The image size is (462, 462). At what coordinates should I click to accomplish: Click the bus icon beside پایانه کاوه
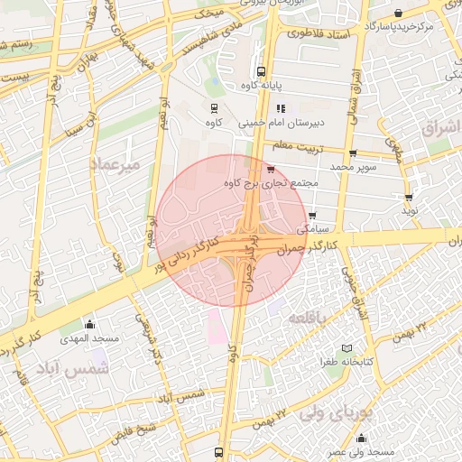261,71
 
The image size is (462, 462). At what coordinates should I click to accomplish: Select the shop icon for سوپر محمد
352,153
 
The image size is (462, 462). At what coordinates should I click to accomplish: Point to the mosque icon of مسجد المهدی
88,324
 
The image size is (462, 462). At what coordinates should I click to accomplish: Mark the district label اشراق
439,129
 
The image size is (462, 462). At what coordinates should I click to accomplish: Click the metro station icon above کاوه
213,107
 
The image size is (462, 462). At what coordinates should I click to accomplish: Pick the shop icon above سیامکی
312,216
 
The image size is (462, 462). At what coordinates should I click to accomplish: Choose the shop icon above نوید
410,197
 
